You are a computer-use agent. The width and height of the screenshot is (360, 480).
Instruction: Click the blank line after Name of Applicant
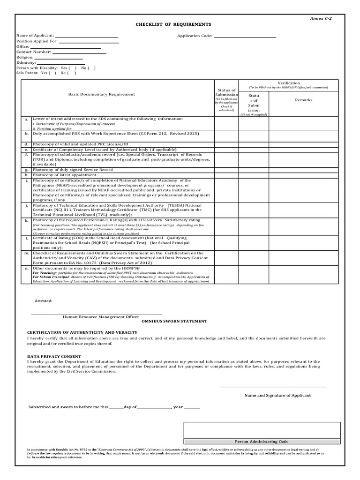(x=87, y=36)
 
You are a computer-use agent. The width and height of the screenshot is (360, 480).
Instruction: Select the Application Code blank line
(x=245, y=36)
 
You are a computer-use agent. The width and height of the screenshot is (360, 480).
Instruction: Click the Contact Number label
(x=33, y=52)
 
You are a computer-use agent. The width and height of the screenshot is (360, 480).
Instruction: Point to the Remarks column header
(x=303, y=100)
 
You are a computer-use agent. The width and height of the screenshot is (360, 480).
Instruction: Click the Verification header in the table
(x=289, y=83)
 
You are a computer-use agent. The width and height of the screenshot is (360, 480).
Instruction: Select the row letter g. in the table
(x=27, y=170)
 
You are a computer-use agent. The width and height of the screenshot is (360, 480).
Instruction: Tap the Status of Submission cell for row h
(x=226, y=175)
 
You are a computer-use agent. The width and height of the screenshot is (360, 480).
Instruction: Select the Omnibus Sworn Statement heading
(x=174, y=321)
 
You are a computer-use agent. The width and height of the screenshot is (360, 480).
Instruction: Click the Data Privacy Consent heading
(x=54, y=356)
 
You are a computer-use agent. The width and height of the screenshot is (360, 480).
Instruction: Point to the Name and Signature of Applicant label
(x=277, y=395)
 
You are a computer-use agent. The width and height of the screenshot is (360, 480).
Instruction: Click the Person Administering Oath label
(x=262, y=442)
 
